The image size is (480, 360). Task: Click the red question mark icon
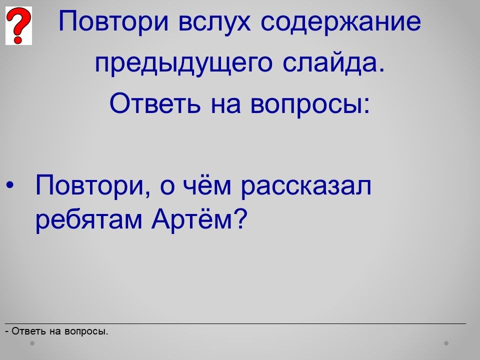18,25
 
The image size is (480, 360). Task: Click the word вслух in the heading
214,21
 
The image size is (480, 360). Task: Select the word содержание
340,21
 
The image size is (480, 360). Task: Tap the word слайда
333,62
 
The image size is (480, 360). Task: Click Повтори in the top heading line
113,21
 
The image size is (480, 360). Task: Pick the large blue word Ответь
155,103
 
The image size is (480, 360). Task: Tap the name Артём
192,218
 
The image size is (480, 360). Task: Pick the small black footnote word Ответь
29,331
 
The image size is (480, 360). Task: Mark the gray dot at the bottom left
32,343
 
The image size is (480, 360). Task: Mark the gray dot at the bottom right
446,343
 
